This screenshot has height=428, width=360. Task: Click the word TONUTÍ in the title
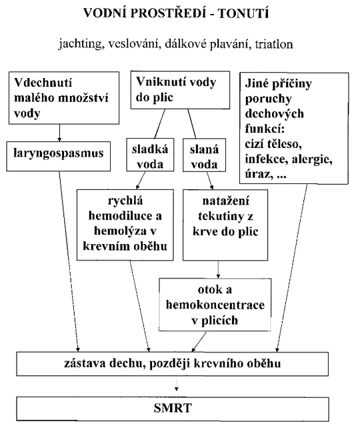click(x=244, y=13)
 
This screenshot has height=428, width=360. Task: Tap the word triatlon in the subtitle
click(x=274, y=44)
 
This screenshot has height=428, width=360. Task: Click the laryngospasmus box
click(x=59, y=156)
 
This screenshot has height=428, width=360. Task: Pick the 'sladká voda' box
click(x=150, y=155)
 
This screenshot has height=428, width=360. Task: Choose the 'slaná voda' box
click(x=204, y=155)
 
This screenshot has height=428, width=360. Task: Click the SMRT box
click(x=173, y=409)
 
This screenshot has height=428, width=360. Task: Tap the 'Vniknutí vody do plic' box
click(x=180, y=90)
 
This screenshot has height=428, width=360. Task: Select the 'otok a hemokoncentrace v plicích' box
click(x=215, y=305)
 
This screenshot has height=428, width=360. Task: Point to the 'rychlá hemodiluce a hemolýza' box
click(x=125, y=225)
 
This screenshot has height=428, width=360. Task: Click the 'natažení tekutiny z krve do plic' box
click(x=225, y=225)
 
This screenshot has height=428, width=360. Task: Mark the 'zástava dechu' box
click(x=172, y=364)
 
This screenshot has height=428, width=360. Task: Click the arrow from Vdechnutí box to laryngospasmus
click(x=59, y=133)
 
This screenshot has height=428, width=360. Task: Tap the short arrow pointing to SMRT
click(x=177, y=385)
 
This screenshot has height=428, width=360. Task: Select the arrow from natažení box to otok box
click(x=218, y=269)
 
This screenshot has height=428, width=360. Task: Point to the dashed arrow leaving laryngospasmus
click(x=69, y=261)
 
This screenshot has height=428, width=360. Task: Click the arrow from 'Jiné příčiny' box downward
click(x=292, y=268)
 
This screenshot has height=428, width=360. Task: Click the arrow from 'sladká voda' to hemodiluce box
click(x=140, y=181)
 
